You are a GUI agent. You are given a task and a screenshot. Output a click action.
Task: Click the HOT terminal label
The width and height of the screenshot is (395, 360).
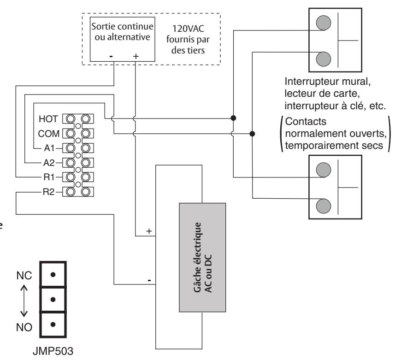point(48,119)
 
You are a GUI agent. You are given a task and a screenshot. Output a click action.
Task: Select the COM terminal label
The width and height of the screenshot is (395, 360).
point(48,134)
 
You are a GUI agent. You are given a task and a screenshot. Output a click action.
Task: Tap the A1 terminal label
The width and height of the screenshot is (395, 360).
point(49,148)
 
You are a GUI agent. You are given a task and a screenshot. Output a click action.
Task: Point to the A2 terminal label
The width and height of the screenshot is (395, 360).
point(49,163)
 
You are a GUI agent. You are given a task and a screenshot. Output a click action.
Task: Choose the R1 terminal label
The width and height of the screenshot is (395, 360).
point(49,177)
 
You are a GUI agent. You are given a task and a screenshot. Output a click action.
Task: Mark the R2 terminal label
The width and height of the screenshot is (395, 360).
point(48,192)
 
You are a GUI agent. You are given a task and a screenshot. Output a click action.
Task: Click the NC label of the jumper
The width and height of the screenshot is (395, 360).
point(24,275)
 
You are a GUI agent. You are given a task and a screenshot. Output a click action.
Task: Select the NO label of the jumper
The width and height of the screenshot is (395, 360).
point(24,327)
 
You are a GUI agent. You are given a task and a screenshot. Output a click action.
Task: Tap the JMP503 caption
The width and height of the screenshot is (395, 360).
point(53,351)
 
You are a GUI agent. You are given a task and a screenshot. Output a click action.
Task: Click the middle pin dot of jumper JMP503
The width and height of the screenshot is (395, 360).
point(53,300)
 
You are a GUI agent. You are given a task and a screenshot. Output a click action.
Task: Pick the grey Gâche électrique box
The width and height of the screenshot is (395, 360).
point(202,257)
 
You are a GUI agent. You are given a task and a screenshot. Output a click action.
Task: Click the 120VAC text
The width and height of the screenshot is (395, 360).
point(188,29)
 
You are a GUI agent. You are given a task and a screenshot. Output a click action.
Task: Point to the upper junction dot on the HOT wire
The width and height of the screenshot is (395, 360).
point(233,118)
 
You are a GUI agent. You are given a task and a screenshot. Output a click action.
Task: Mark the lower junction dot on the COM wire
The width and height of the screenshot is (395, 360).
point(252,134)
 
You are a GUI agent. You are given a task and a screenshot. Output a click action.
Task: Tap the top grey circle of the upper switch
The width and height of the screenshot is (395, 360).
point(324,23)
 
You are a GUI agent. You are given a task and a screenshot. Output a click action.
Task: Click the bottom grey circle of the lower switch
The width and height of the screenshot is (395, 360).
point(324,206)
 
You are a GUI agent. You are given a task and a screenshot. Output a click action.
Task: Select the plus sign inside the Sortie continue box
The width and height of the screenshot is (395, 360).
point(136,56)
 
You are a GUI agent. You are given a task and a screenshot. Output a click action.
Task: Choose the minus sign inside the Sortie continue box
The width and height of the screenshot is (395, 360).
point(111,56)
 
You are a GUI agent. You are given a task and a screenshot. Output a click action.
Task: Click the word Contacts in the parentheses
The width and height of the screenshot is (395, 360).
point(306,121)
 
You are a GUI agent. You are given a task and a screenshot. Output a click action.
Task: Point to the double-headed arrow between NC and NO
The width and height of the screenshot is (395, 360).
point(24,301)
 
